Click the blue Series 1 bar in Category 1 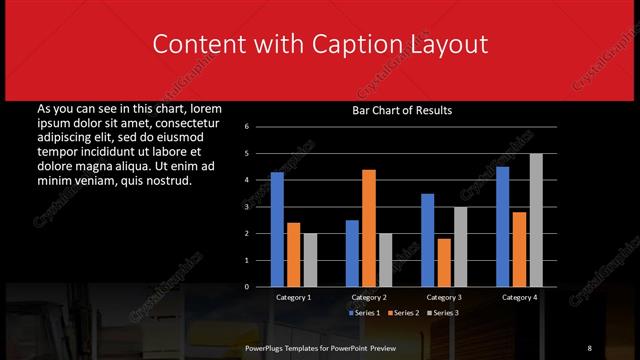[277, 229]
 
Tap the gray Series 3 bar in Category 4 [536, 220]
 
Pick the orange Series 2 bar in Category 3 [444, 262]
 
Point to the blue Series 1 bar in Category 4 [503, 226]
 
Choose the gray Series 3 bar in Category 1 [309, 260]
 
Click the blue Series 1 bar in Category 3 [428, 240]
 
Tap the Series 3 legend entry [443, 313]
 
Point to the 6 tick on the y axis [259, 127]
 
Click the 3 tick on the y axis [259, 207]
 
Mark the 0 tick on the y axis [259, 287]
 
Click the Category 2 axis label [369, 297]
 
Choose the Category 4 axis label [519, 297]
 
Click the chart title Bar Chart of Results [402, 111]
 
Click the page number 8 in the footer [590, 347]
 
